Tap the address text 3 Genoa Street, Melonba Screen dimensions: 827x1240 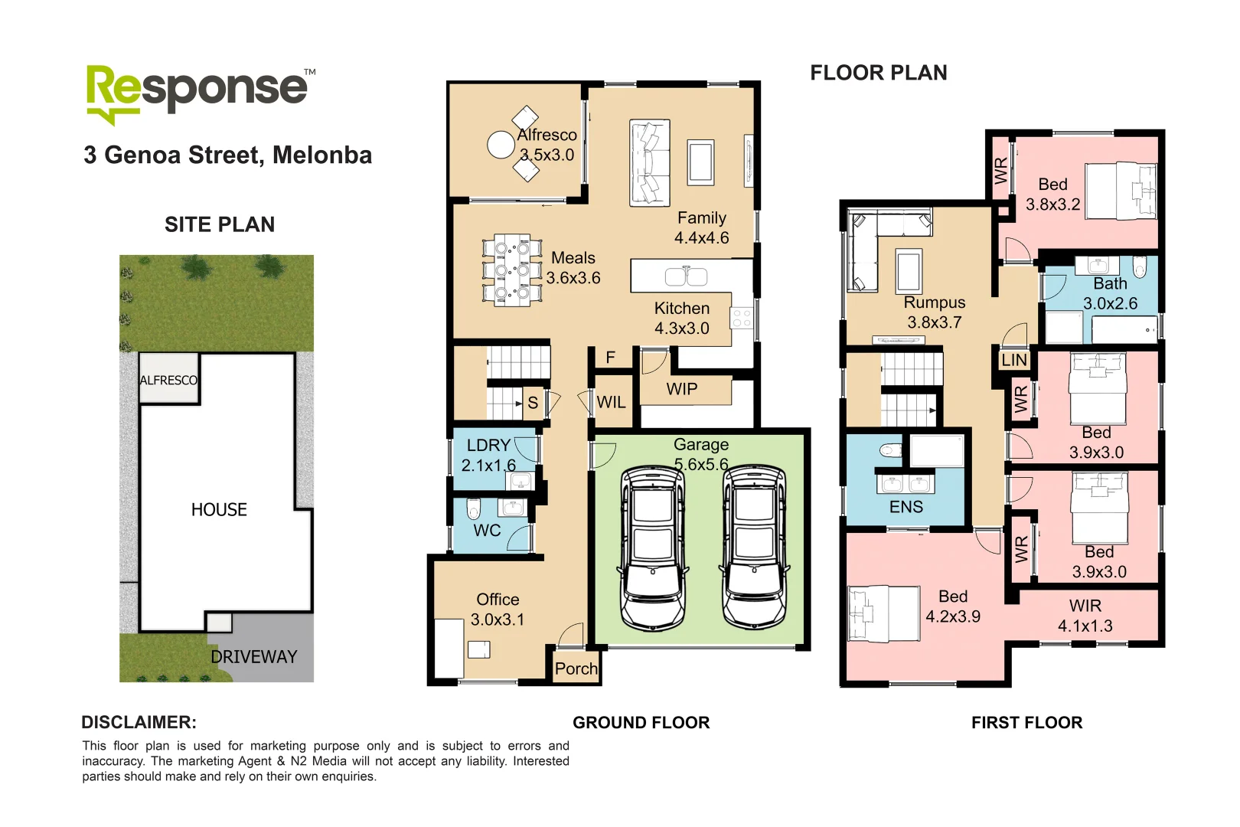tap(227, 155)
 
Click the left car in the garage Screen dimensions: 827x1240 tap(653, 548)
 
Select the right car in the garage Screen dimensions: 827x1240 tap(755, 548)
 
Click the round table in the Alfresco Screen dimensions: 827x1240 tap(501, 144)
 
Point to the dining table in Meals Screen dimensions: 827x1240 tap(511, 270)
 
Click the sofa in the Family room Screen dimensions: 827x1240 tap(649, 162)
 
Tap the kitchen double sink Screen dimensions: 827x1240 tap(686, 276)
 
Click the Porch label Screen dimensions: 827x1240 tap(576, 668)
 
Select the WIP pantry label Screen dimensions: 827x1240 tap(681, 389)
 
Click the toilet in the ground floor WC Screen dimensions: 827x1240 tap(473, 508)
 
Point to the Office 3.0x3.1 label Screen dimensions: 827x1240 tap(498, 610)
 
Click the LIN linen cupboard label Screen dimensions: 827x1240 tap(1014, 360)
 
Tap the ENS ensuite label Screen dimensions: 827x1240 tap(906, 507)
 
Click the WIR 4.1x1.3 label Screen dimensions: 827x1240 tap(1085, 616)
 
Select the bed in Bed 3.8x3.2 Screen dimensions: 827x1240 tap(1121, 191)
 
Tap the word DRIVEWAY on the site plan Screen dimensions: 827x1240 tap(253, 657)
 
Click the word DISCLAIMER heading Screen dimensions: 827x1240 tap(139, 722)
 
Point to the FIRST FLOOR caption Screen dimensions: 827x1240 tap(1026, 723)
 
